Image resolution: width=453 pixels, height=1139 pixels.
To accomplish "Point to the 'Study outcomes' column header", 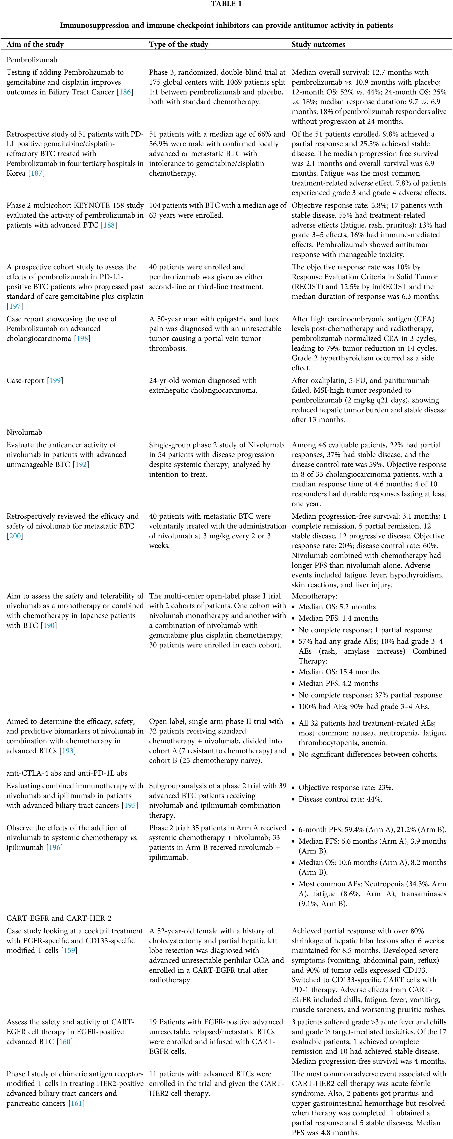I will click(318, 44).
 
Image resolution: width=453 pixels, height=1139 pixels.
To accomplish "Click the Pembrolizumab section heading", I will click(32, 60).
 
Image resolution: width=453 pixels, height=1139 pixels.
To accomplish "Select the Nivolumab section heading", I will click(24, 432).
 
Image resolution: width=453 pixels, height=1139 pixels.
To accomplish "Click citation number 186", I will click(125, 92).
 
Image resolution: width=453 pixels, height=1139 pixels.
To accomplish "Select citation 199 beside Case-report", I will click(55, 381).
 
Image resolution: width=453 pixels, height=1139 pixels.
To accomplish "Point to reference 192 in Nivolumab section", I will click(81, 464).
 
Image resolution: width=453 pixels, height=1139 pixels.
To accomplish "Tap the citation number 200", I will click(15, 536).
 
